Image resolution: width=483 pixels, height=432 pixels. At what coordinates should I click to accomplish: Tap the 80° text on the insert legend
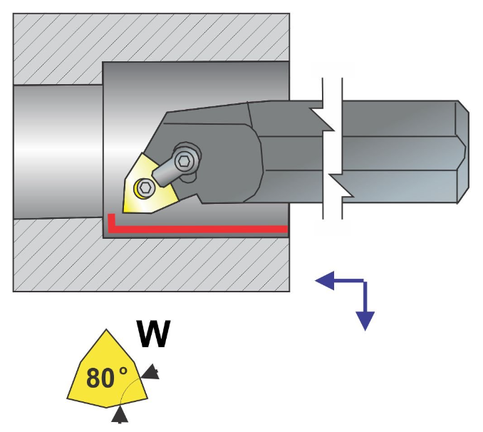(106, 377)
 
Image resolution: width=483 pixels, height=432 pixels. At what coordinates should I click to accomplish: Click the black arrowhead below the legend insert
(120, 413)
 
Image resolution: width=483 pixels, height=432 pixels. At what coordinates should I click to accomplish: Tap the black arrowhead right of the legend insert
(152, 372)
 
